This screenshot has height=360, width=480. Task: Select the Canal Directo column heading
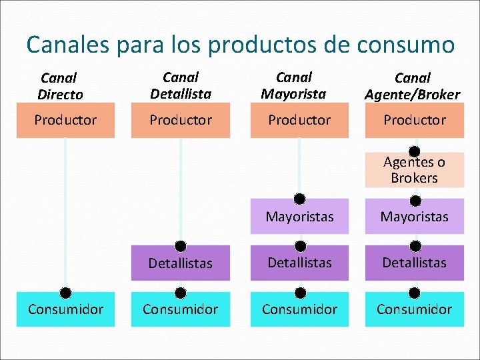pyautogui.click(x=60, y=87)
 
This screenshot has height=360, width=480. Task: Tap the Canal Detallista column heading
pyautogui.click(x=181, y=86)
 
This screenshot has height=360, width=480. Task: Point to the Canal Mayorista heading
pyautogui.click(x=293, y=86)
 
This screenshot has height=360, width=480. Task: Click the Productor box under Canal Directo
pyautogui.click(x=65, y=121)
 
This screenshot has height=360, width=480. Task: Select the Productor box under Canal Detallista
pyautogui.click(x=181, y=121)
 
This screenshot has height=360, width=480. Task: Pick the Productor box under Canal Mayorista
pyautogui.click(x=299, y=121)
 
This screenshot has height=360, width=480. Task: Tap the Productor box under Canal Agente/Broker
pyautogui.click(x=414, y=121)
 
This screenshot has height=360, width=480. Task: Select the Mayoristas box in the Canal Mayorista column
pyautogui.click(x=299, y=217)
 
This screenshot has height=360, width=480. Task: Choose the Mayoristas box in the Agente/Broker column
pyautogui.click(x=414, y=217)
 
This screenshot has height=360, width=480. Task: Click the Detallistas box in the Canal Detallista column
pyautogui.click(x=181, y=263)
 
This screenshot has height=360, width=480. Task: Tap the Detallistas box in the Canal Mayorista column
pyautogui.click(x=299, y=263)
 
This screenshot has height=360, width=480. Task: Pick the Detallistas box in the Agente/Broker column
pyautogui.click(x=414, y=263)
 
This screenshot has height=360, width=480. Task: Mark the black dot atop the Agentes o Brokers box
pyautogui.click(x=414, y=151)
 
